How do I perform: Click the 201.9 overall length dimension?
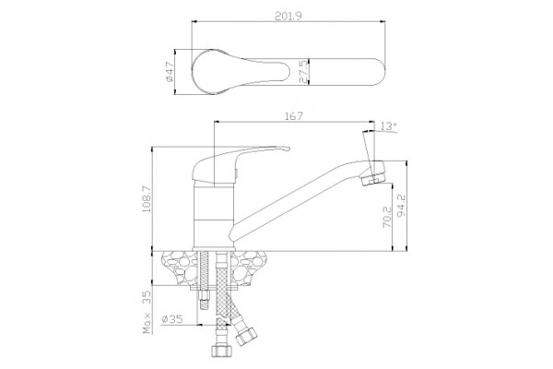point(288,17)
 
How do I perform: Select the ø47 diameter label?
point(169,72)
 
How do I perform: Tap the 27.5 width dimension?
point(303,72)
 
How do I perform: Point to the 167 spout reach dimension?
point(294,116)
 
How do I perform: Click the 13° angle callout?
point(389,125)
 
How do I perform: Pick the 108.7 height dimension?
point(147,199)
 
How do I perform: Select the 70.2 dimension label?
point(387,217)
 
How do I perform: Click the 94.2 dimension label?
point(401,205)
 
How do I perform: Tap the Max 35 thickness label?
point(147,312)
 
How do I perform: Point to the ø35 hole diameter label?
point(172,319)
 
